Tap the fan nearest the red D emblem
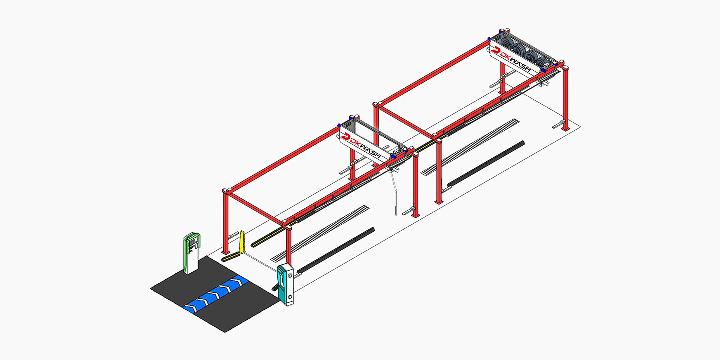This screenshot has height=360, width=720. (508, 43)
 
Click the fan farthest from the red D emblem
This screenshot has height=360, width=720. (543, 61)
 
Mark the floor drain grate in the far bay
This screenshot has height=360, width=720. (470, 147)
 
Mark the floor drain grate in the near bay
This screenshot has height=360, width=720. (320, 233)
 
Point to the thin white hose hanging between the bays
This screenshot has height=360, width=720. (394, 193)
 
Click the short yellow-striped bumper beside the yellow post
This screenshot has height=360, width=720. (231, 257)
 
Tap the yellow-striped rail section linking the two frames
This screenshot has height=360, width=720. (427, 145)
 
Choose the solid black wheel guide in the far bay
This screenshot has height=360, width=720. (486, 164)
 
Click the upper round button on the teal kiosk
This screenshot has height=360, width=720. (290, 276)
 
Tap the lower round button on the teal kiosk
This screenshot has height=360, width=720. (290, 297)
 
